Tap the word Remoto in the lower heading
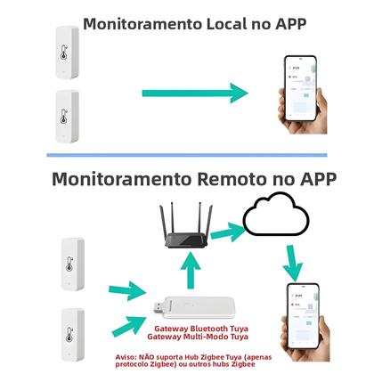point(236,177)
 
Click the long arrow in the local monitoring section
point(192,91)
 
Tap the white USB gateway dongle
point(201,307)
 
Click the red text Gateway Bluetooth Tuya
point(197,330)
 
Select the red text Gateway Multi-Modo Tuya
point(197,339)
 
